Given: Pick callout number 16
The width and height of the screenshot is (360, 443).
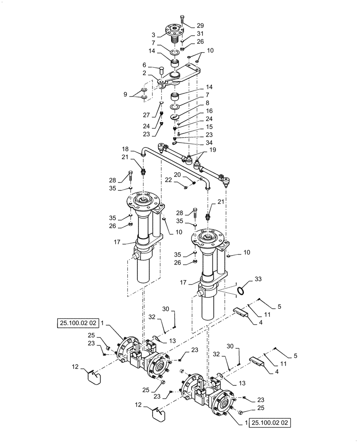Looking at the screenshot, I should [197, 111].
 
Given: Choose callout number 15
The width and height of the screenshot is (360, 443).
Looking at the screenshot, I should [197, 127].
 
